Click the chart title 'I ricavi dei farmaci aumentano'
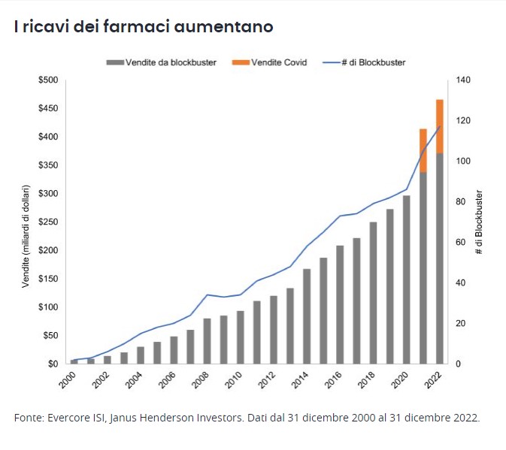pos(143,26)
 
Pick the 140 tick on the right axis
pos(462,80)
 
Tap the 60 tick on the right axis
pos(460,243)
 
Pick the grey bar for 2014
pos(307,316)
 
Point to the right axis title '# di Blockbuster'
pos(479,222)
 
